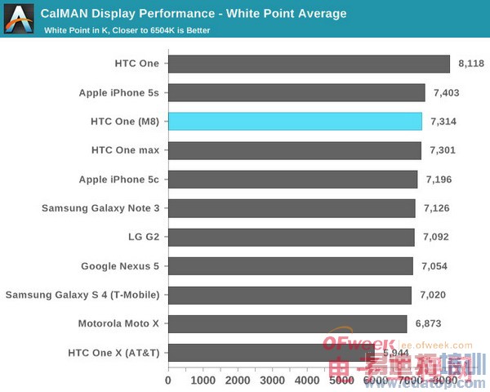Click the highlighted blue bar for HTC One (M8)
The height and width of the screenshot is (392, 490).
(x=295, y=122)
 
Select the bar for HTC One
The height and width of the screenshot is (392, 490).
(x=309, y=64)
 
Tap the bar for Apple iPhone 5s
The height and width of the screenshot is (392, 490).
(x=296, y=92)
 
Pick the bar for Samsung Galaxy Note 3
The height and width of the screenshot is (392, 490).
(x=292, y=208)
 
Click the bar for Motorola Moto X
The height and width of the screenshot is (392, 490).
(x=287, y=324)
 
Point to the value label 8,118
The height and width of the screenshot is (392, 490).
(x=471, y=64)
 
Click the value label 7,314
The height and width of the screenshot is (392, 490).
(x=443, y=122)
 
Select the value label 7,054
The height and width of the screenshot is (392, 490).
(x=434, y=266)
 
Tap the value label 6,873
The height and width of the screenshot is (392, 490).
(x=428, y=324)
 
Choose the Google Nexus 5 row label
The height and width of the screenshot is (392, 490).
(x=120, y=266)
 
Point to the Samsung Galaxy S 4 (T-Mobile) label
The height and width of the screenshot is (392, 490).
(x=82, y=295)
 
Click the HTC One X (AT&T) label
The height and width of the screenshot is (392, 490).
(x=114, y=353)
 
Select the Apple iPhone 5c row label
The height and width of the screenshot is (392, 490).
(x=119, y=180)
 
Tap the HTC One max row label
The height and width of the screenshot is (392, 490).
(x=126, y=150)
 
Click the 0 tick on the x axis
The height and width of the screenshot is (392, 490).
(x=168, y=380)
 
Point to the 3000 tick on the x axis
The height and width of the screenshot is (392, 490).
(x=272, y=380)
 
